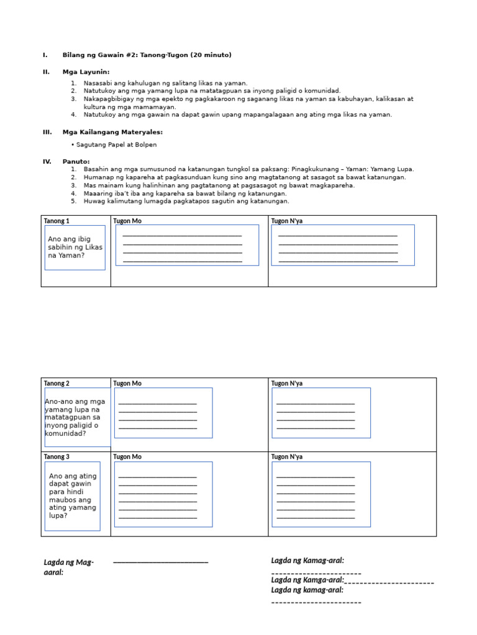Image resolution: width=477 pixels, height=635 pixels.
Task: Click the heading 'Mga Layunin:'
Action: [x=86, y=72]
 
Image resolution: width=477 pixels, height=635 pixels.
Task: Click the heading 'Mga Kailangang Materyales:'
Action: [x=112, y=132]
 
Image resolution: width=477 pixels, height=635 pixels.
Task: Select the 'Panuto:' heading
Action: [x=76, y=161]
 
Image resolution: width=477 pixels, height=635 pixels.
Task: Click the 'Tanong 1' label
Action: [x=57, y=221]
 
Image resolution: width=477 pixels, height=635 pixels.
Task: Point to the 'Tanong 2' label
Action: [x=57, y=383]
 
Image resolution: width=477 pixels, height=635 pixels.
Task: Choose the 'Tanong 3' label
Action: [x=57, y=456]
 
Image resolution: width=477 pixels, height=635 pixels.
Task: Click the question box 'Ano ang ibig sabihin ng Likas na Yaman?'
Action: [x=75, y=247]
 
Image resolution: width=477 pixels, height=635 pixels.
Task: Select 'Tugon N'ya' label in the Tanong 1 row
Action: [x=287, y=221]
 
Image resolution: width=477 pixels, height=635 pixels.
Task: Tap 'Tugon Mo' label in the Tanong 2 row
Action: [x=127, y=383]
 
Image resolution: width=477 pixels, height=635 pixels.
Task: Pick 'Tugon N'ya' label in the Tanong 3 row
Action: [x=287, y=456]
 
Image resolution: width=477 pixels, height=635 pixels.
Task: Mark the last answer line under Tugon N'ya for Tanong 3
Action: [x=316, y=517]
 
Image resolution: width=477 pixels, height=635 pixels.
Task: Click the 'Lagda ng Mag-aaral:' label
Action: [x=68, y=567]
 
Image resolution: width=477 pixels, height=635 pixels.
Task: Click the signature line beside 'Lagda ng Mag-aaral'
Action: [x=161, y=562]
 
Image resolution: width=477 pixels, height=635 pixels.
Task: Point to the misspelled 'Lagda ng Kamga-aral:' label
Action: [x=307, y=580]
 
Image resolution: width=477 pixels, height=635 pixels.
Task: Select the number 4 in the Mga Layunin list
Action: [x=73, y=115]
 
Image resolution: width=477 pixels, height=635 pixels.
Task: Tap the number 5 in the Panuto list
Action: [x=73, y=201]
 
